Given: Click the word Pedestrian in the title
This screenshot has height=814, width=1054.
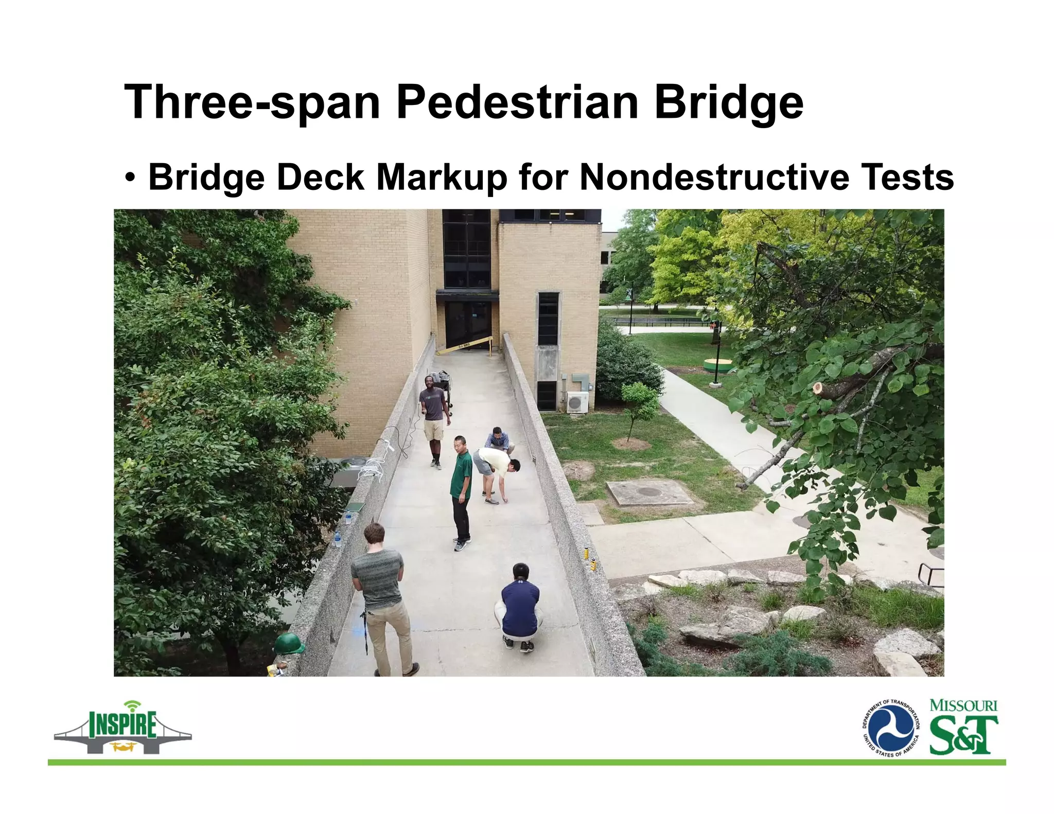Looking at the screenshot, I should tap(517, 102).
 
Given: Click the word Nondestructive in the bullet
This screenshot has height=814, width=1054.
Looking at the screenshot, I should tap(714, 177).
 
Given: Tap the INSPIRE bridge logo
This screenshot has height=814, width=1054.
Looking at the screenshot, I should tap(122, 727).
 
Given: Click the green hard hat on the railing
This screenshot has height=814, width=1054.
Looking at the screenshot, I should tap(289, 644).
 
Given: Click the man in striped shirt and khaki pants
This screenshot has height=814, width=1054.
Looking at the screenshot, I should tap(382, 597).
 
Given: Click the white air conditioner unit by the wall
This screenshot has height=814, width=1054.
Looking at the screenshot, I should tap(577, 402).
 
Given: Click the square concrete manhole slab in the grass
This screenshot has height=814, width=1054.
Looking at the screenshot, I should tap(648, 492).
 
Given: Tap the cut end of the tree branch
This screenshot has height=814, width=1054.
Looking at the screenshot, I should tap(818, 388).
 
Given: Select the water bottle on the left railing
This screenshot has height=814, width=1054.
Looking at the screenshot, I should tap(338, 538).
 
